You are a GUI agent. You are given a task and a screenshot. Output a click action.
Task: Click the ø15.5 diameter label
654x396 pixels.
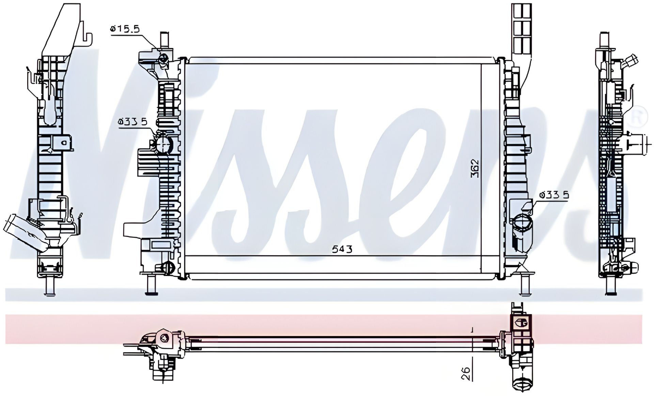click(x=125, y=29)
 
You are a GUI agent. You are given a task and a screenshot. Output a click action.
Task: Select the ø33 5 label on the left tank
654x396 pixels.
click(x=133, y=121)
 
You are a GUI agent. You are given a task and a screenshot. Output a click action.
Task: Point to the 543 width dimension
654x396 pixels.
click(x=342, y=249)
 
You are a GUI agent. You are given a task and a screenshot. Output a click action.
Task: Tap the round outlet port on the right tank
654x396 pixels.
click(x=521, y=224)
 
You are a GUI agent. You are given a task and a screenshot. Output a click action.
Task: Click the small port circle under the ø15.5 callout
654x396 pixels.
click(x=163, y=59)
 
